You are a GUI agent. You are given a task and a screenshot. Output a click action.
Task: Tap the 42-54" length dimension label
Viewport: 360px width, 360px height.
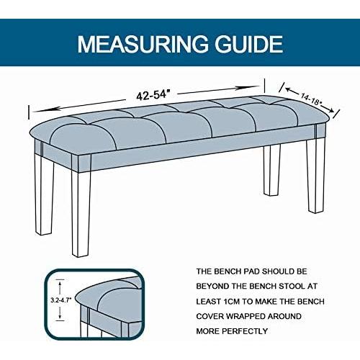click(154, 94)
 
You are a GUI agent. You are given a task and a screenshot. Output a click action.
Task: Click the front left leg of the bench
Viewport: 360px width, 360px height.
click(81, 209)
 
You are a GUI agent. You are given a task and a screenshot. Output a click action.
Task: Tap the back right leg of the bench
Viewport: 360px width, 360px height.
click(271, 169)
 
